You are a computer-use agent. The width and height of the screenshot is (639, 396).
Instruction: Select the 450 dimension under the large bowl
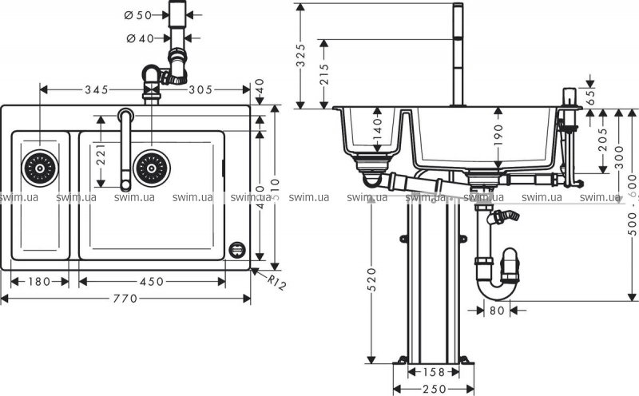click(x=152, y=281)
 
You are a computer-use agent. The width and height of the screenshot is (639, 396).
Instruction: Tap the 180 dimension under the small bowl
click(x=39, y=281)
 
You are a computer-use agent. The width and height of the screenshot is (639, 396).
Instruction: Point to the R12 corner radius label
click(x=275, y=282)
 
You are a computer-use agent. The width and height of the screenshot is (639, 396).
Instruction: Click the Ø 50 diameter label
click(x=139, y=15)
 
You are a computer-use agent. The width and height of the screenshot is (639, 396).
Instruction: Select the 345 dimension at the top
click(x=96, y=89)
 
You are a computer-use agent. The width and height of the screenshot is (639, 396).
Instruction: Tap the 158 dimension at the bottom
click(x=433, y=372)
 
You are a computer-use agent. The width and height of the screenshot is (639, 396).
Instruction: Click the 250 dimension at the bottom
click(x=433, y=389)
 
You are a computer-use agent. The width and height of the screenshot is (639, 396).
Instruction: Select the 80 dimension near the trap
click(x=496, y=311)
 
